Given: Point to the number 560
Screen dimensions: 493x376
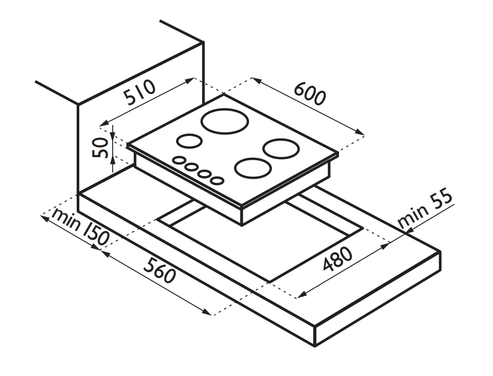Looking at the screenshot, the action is click(159, 270).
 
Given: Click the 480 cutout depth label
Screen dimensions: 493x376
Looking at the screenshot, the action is click(337, 259).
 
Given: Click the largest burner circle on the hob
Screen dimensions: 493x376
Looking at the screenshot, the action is click(225, 121).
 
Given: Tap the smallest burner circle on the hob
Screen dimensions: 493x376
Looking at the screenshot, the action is click(189, 141).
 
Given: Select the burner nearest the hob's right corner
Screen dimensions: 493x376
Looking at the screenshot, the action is click(281, 149).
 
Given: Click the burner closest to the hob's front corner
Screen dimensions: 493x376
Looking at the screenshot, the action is click(253, 168).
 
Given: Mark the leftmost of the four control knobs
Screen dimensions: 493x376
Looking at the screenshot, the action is click(179, 160).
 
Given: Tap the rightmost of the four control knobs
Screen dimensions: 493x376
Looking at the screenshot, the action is click(217, 180).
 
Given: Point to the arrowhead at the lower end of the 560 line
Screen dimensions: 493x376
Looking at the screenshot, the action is click(207, 312).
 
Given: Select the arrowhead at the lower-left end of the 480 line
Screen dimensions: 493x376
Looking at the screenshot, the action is click(302, 295).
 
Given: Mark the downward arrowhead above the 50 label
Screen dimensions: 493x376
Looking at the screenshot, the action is click(113, 134).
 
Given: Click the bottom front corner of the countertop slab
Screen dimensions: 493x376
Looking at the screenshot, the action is click(315, 346).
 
